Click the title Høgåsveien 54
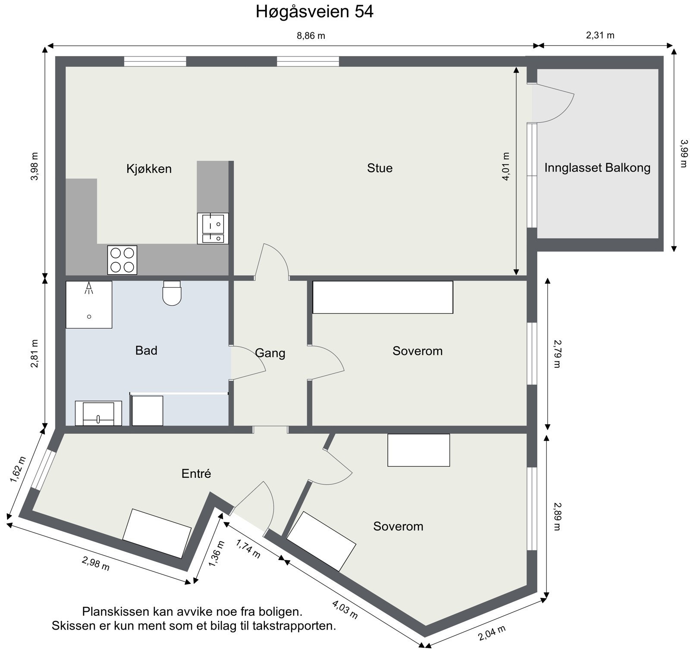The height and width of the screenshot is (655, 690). tap(314, 12)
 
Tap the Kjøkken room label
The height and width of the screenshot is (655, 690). tap(149, 169)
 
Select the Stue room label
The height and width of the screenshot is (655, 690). tap(379, 168)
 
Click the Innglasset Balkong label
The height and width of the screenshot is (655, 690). tap(597, 167)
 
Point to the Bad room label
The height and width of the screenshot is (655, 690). tap(146, 350)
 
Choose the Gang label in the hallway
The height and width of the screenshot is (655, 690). tap(270, 353)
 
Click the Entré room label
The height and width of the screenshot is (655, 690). tap(196, 473)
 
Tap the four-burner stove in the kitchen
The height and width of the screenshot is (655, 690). tap(122, 260)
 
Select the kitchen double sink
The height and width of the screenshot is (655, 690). tap(213, 229)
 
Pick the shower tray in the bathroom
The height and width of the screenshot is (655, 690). tap(89, 304)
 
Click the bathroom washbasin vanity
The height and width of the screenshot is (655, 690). tap(98, 414)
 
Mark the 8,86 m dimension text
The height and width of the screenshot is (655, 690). tap(310, 36)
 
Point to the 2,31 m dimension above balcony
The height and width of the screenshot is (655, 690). tap(600, 35)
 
